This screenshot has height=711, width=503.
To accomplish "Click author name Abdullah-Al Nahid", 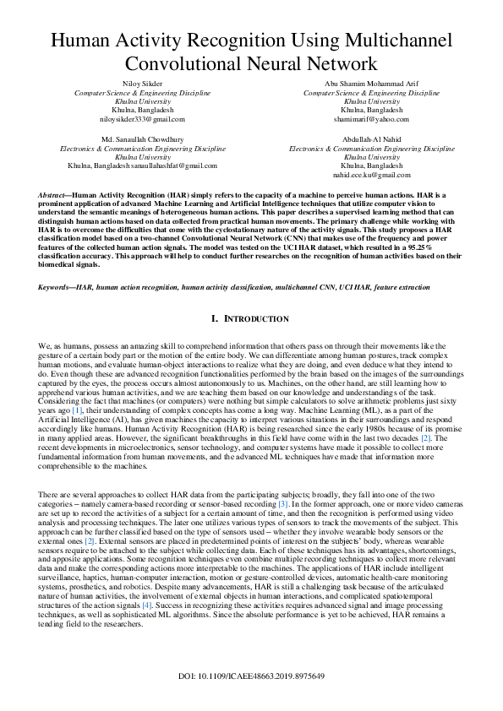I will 367,138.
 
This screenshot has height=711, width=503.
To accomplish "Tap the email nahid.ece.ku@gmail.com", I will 367,174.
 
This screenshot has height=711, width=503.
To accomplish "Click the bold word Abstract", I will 55,195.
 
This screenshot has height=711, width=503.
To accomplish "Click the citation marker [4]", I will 147,605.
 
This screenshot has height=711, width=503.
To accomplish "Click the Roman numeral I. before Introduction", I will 215,319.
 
